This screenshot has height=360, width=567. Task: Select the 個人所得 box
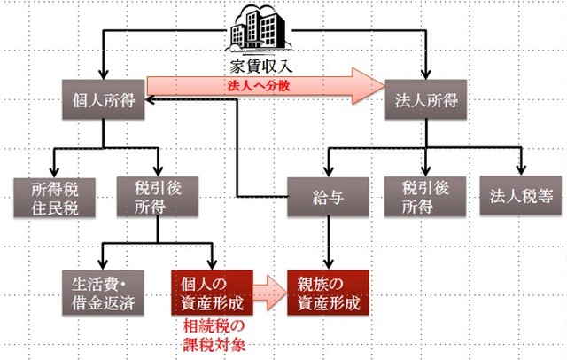103,99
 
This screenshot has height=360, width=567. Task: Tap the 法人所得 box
426,99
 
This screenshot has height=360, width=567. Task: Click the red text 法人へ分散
259,86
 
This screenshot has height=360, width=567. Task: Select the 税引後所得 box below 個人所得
159,196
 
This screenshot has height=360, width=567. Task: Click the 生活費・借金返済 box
103,290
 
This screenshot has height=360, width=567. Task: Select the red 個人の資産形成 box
212,290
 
